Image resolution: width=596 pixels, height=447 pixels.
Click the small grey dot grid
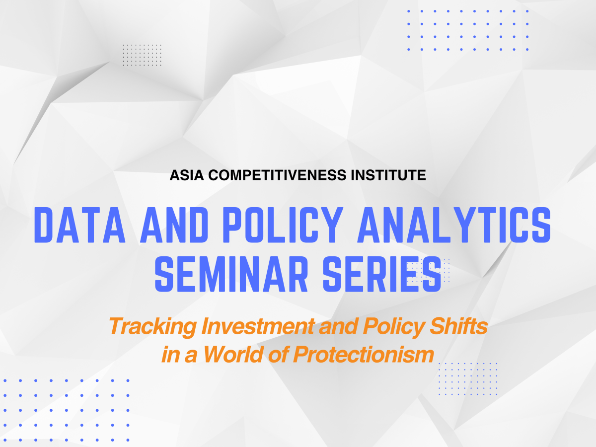point(142,55)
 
